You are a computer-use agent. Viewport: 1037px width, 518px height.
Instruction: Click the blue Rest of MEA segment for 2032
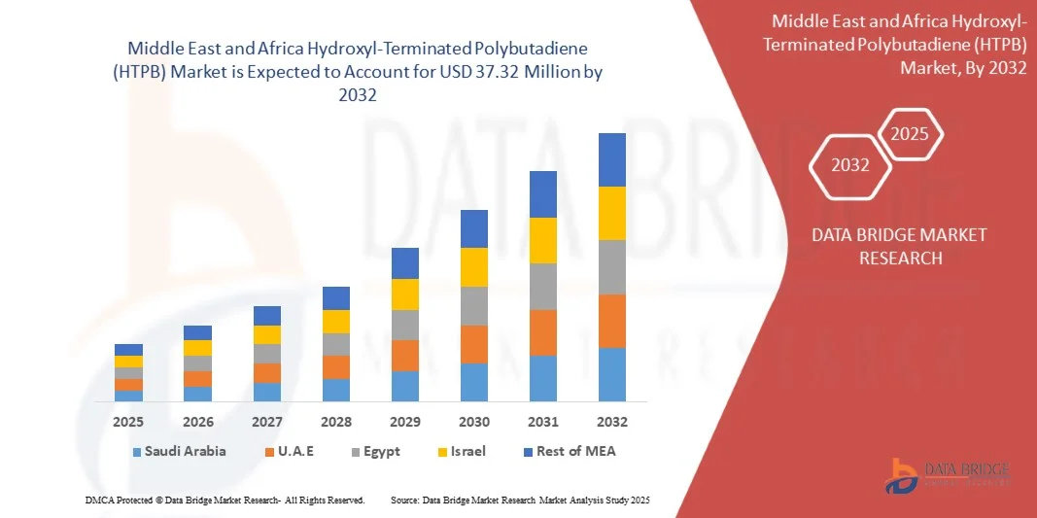[x=611, y=159]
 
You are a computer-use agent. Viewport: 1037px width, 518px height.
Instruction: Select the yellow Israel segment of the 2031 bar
[x=542, y=240]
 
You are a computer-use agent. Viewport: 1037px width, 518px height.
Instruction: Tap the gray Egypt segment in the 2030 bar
[x=473, y=305]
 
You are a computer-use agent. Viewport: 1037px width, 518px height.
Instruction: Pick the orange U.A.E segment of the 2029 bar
[x=404, y=355]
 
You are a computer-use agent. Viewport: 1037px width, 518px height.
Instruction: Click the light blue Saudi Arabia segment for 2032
[x=611, y=374]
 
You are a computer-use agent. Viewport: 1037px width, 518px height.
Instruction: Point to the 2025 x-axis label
[x=128, y=422]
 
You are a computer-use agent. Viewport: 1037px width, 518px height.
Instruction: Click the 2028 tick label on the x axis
[x=335, y=422]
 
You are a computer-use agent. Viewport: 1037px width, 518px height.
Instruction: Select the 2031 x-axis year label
[x=542, y=422]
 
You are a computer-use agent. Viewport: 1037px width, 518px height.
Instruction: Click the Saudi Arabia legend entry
[x=180, y=451]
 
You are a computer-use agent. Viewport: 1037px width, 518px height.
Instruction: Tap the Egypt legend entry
[x=374, y=451]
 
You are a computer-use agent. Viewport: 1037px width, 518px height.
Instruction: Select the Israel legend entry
[x=459, y=451]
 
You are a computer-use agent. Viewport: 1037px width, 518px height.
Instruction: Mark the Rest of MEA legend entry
[x=570, y=451]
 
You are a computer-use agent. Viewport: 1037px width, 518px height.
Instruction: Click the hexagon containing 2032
[x=850, y=165]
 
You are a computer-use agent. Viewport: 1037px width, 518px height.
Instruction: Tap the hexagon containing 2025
[x=911, y=134]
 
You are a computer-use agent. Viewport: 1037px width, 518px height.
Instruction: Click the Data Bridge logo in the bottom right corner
[x=947, y=474]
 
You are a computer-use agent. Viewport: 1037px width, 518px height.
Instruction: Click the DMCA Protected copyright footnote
[x=225, y=500]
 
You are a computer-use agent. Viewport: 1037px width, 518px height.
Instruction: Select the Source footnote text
[x=519, y=500]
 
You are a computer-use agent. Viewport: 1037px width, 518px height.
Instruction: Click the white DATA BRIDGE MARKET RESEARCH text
[x=885, y=246]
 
